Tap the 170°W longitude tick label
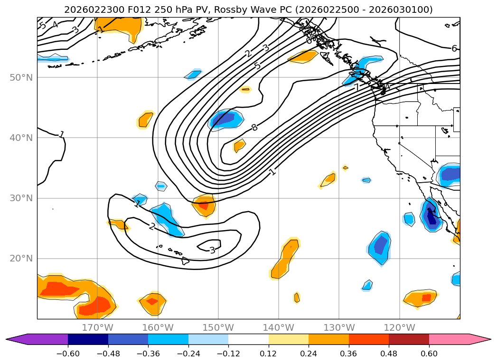tap(97, 328)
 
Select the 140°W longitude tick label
tap(279, 328)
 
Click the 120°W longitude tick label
tap(399, 328)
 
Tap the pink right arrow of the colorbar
tap(480, 339)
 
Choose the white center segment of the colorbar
tap(248, 339)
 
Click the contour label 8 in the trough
tap(254, 127)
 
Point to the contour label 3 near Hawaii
tap(212, 250)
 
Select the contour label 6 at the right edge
tap(454, 48)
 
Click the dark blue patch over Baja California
tap(431, 216)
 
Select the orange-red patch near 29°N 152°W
tap(204, 205)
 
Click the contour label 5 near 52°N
tap(257, 65)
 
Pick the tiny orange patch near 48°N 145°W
tap(245, 89)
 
